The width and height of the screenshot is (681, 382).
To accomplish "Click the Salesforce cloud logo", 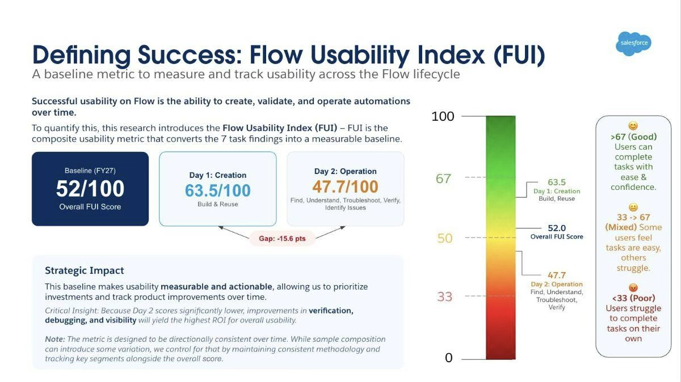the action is click(x=634, y=44).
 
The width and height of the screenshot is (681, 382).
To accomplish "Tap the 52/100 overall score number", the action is click(x=90, y=188).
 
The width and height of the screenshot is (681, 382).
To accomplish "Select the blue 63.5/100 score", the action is click(x=218, y=190).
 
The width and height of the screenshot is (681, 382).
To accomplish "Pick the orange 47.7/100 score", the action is click(x=346, y=186).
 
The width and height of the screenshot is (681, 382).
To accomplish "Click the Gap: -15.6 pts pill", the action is click(x=282, y=239).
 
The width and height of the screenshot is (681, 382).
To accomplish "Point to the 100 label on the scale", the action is click(x=443, y=116).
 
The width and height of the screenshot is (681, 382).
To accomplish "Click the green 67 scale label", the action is click(x=443, y=178).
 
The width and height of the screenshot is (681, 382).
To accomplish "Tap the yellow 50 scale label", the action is click(x=445, y=238).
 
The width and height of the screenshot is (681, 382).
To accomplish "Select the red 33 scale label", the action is click(x=444, y=296).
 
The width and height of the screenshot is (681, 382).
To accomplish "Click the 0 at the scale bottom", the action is click(x=449, y=358).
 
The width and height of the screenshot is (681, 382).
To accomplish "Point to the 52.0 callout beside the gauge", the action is click(x=557, y=228).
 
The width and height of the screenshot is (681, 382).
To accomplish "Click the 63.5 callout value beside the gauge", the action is click(x=557, y=182).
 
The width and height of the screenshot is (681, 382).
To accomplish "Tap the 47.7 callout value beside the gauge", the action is click(x=557, y=275).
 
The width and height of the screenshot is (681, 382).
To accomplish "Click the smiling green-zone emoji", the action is click(x=633, y=126).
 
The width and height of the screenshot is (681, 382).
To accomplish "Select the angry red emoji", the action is click(x=633, y=287).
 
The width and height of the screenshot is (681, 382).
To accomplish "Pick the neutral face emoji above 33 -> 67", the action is click(x=633, y=207).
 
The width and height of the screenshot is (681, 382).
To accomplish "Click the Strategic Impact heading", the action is click(x=84, y=270).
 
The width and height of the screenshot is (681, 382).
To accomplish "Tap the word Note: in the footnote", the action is click(x=55, y=339).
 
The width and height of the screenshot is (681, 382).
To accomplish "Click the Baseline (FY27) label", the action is click(x=90, y=171).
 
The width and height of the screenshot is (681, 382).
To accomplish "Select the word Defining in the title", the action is click(x=82, y=55).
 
